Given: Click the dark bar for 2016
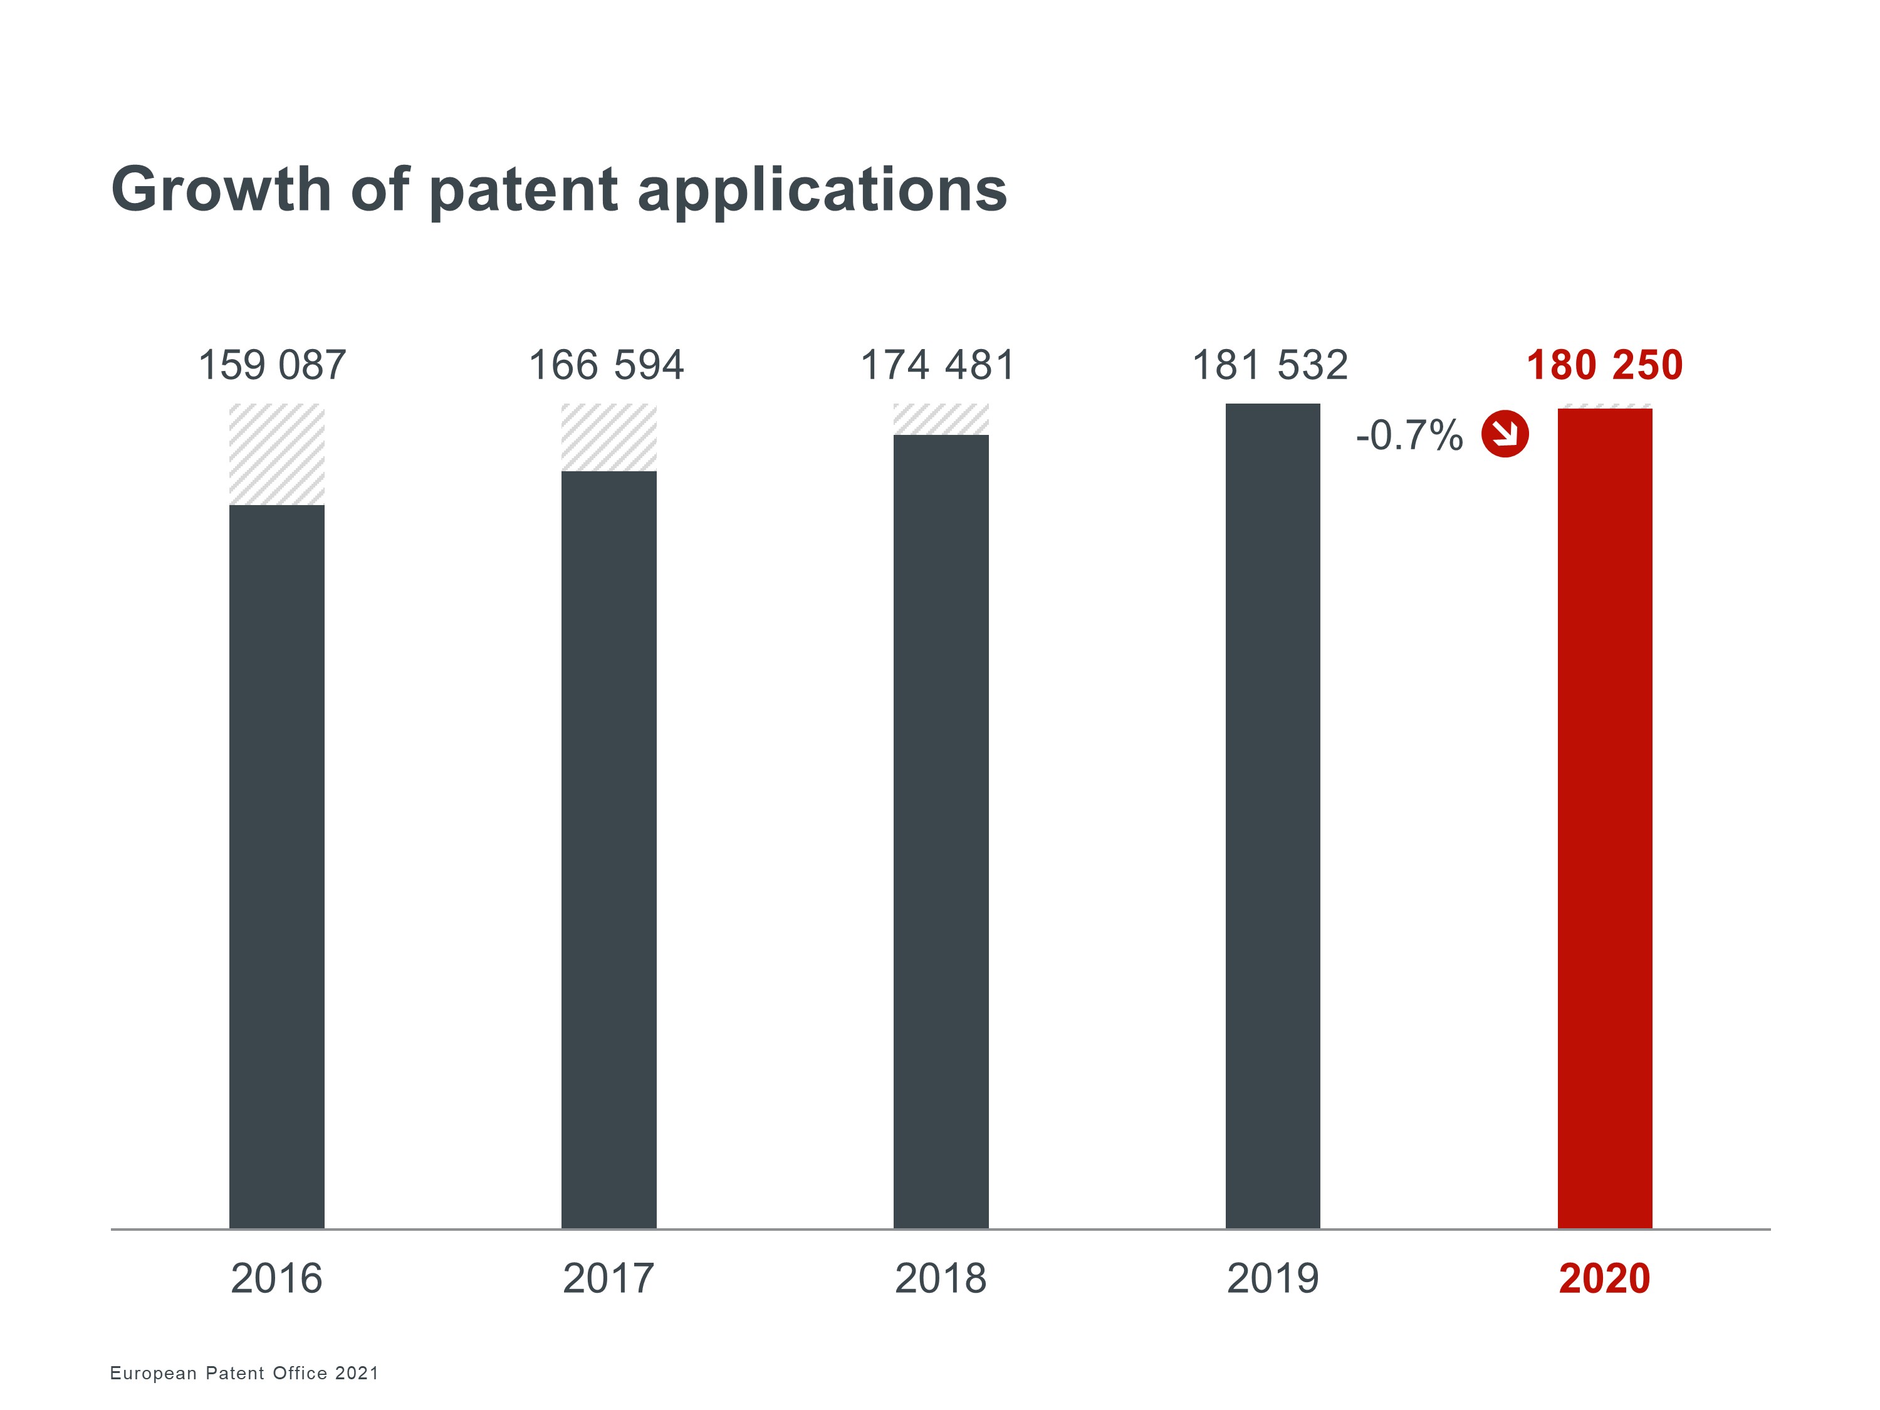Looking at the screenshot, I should (x=276, y=867).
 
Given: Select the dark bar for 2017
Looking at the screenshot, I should (x=608, y=850).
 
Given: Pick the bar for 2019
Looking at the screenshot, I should (x=1272, y=816).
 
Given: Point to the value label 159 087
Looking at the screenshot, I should (x=272, y=365).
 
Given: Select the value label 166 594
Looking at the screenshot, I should (x=606, y=365).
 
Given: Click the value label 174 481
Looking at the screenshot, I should (x=937, y=365).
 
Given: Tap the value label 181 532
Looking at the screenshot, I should (x=1270, y=365).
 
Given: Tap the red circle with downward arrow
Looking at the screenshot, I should (x=1505, y=434).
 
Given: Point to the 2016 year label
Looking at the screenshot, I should (x=276, y=1279).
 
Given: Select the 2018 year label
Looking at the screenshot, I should (x=941, y=1279).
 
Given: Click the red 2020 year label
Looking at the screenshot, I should (x=1605, y=1279).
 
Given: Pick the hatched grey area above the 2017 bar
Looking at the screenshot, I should (x=608, y=437).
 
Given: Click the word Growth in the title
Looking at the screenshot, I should (x=221, y=189).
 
